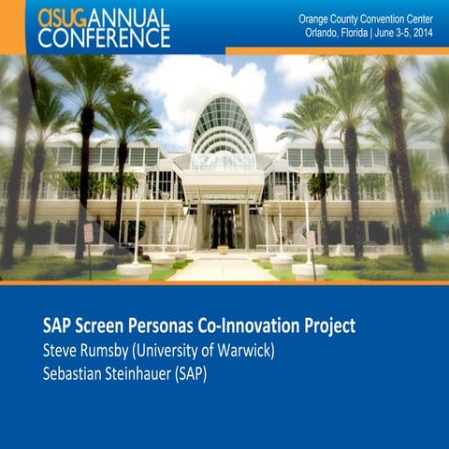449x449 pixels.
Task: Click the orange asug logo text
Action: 62,19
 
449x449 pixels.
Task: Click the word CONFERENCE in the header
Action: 104,38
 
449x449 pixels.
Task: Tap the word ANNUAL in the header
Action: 128,19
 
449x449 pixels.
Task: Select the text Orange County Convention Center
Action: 366,20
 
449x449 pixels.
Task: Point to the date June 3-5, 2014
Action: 404,33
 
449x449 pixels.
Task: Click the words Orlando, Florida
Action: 336,33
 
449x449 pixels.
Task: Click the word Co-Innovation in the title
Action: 248,326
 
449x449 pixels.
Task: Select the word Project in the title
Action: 330,326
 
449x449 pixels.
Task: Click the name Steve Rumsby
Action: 85,351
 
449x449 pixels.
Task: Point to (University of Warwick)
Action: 203,351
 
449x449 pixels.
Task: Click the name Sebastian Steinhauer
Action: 107,373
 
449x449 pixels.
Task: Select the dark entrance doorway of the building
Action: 222,227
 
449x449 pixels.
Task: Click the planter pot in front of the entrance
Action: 223,250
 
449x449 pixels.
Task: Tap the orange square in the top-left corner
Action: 13,27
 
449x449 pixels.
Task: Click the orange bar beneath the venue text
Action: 338,51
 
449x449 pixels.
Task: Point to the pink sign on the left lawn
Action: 89,233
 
